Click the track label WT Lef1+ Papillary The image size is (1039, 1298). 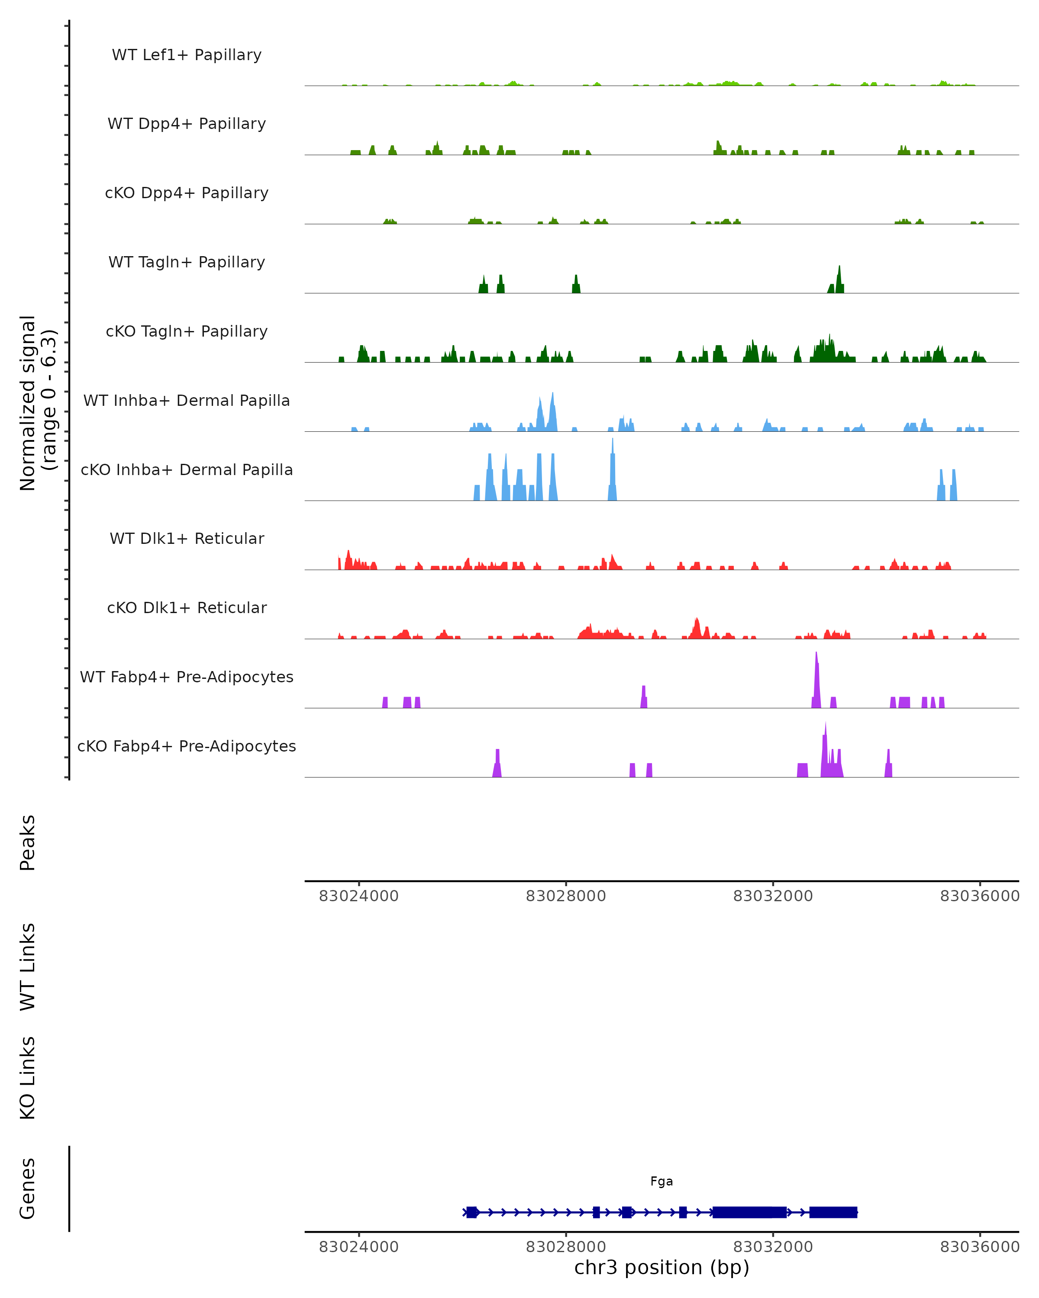tap(187, 55)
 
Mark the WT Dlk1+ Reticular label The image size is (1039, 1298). tap(187, 538)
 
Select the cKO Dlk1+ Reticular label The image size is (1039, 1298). tap(187, 607)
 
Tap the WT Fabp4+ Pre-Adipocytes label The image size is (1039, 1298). tap(187, 677)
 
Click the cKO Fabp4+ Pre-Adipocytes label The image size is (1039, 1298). tap(187, 746)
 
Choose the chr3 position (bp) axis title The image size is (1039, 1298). tap(661, 1267)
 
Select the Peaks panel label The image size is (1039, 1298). tap(28, 842)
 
